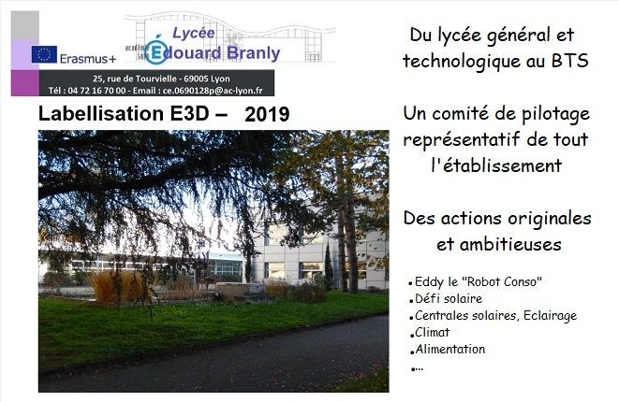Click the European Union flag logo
click(44, 54)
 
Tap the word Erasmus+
click(88, 59)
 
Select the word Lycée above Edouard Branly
click(194, 33)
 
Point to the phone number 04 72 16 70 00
click(96, 91)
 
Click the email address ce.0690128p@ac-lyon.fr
click(213, 91)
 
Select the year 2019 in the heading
click(267, 114)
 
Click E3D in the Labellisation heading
click(189, 113)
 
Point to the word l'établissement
click(496, 165)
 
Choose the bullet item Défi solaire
click(449, 299)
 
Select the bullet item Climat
click(433, 332)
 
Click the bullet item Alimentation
click(450, 350)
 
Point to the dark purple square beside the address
click(25, 83)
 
